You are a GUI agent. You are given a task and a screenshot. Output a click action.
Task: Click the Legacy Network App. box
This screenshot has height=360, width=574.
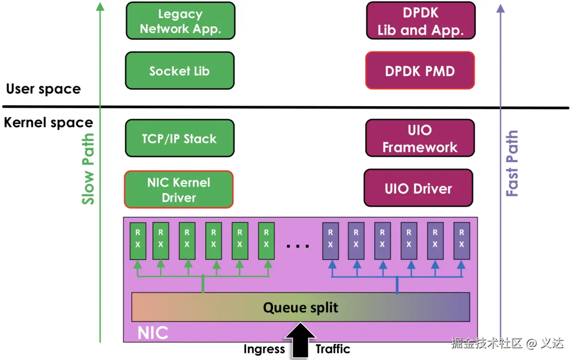click(x=180, y=22)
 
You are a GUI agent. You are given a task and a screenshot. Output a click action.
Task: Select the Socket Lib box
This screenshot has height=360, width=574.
click(x=179, y=71)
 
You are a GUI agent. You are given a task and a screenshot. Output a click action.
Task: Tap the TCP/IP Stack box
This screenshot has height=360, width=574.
click(x=179, y=139)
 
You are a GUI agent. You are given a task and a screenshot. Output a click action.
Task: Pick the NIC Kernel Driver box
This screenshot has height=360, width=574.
click(x=178, y=190)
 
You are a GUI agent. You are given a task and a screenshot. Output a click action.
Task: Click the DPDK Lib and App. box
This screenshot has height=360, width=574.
click(x=420, y=22)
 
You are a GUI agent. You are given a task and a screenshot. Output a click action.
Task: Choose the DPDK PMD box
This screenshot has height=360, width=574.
click(x=419, y=71)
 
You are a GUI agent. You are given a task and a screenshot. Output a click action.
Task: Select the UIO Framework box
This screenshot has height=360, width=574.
click(x=419, y=138)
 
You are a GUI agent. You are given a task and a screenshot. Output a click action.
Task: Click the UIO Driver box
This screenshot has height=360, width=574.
click(x=418, y=188)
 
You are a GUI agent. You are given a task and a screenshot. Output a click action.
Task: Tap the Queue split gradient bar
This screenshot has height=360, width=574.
click(x=300, y=307)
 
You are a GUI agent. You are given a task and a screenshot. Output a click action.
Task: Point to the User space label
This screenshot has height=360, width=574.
click(x=43, y=89)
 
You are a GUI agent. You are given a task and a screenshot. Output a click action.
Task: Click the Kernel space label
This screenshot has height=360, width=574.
click(x=48, y=123)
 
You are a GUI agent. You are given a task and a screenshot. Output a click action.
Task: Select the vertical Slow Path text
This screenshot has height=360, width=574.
click(x=88, y=169)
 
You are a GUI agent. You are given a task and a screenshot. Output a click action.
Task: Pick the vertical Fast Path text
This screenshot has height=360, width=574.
click(x=512, y=163)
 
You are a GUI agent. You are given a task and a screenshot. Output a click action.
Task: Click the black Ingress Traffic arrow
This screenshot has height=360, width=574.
click(x=300, y=340)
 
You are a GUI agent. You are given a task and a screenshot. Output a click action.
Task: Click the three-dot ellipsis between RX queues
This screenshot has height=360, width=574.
click(x=298, y=246)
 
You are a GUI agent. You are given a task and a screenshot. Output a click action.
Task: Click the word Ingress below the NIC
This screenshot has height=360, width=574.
click(x=264, y=349)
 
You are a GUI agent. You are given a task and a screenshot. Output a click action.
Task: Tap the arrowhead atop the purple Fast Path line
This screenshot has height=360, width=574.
click(x=501, y=8)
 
